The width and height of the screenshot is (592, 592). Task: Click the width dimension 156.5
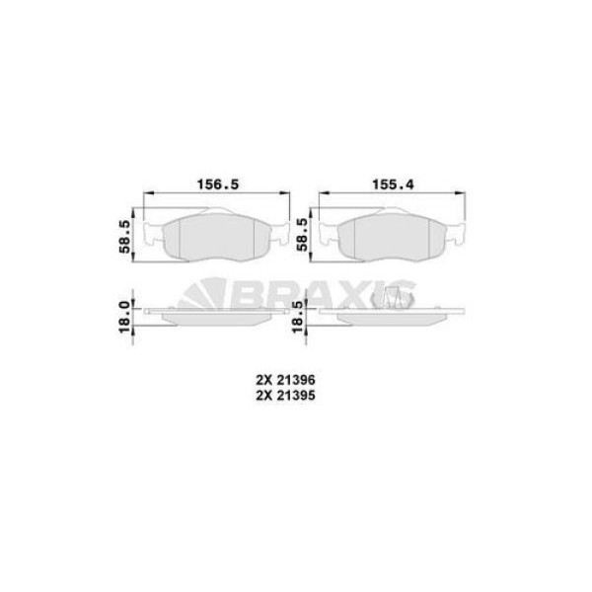coord(218,182)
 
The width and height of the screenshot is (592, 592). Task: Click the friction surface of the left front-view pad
coord(218,239)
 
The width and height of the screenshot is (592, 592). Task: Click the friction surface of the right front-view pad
coord(391,239)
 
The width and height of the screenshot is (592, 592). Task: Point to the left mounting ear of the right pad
coord(327,235)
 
